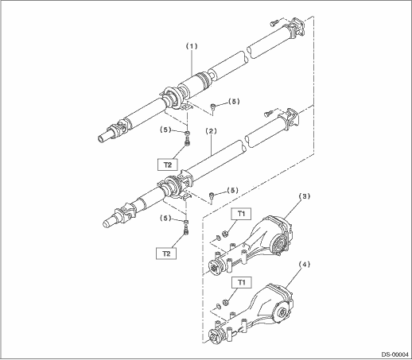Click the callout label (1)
point(192,46)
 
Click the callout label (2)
point(211,131)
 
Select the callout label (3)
point(305,196)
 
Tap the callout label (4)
point(305,265)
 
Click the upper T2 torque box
point(168,165)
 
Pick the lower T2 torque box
point(166,254)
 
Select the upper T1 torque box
point(241,214)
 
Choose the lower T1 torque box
point(241,282)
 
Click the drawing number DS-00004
point(395,354)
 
